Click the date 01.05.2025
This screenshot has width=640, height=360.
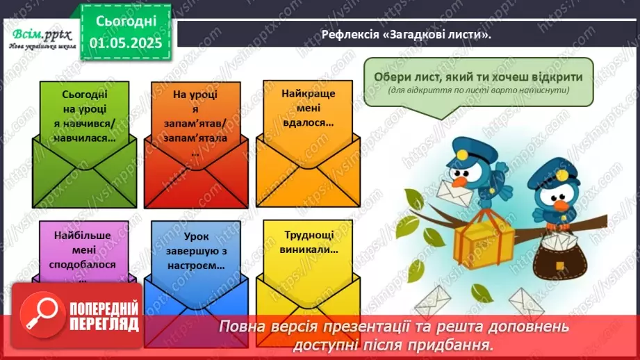pos(126,42)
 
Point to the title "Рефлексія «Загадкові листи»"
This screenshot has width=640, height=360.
pos(407,33)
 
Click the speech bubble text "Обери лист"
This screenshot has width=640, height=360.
pos(478,77)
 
